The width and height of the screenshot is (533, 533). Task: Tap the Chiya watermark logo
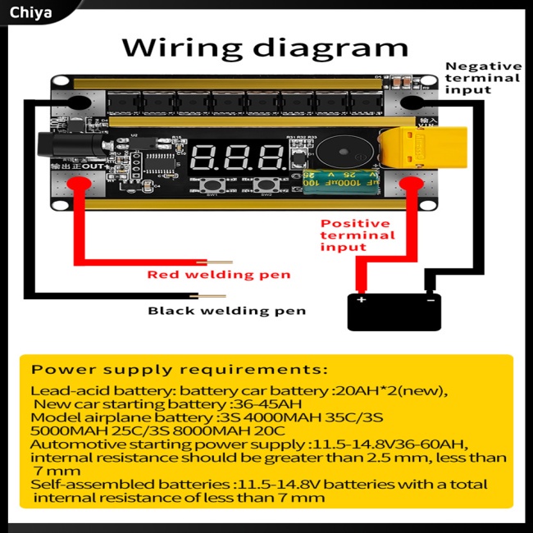pos(31,12)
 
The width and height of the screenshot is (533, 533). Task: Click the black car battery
pos(394,311)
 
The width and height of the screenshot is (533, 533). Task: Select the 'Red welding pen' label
pos(218,275)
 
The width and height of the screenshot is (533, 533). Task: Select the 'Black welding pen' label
pos(226,311)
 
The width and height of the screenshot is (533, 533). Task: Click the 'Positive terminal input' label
pos(357,235)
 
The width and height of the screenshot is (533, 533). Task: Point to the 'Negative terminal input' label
pos(482,78)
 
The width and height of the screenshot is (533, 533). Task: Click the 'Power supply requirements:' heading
pos(180,370)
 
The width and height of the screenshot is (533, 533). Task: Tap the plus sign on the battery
pos(362,299)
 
